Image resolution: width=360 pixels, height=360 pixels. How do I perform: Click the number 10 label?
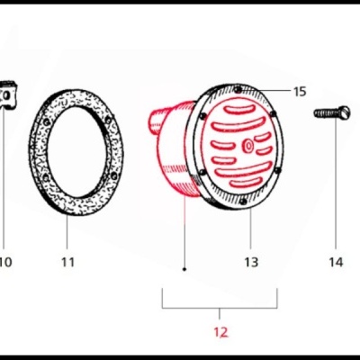tap(4, 262)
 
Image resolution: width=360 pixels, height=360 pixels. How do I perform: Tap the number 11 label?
tap(67, 262)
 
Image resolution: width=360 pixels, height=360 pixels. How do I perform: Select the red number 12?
tap(220, 332)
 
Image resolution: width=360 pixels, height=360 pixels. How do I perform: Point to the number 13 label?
tap(251, 262)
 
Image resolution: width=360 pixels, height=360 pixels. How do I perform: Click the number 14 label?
tap(335, 262)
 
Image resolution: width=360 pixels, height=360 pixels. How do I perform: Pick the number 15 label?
tap(300, 91)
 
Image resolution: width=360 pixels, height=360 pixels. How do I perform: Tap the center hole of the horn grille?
tap(248, 146)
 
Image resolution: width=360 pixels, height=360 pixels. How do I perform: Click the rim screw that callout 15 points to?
tap(237, 90)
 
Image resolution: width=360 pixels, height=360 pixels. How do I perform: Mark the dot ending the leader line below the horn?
tap(184, 268)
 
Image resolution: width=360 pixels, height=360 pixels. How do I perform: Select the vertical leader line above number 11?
tap(67, 229)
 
